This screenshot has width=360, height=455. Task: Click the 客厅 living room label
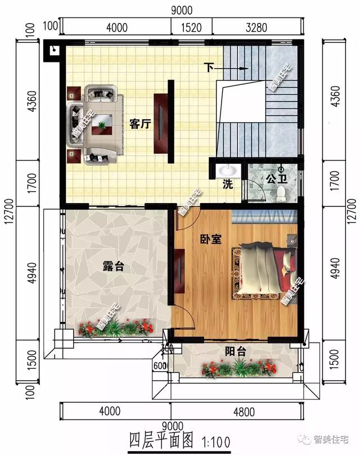[139, 124]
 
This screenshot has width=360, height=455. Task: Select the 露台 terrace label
[113, 267]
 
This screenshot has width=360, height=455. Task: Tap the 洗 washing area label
[227, 184]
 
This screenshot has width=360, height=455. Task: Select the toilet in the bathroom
[282, 193]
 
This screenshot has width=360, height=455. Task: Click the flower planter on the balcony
[238, 369]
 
